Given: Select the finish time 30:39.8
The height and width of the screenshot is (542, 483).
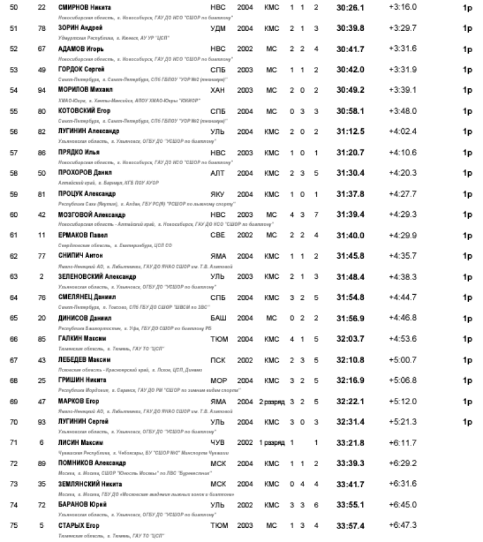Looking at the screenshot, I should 350,28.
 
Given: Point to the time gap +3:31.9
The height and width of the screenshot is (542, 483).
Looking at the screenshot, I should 402,69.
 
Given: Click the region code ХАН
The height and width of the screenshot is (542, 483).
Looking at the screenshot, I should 218,89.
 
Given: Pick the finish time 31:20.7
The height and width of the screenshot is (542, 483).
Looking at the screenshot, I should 350,152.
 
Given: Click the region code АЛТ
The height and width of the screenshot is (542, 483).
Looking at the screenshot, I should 218,173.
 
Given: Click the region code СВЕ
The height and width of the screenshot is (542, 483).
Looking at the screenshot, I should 218,235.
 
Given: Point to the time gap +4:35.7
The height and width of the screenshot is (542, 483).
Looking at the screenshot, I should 402,256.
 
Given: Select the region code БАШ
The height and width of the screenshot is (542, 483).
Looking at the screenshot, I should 218,317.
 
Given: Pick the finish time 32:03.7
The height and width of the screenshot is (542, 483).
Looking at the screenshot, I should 350,338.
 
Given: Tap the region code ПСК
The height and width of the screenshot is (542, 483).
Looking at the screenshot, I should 218,359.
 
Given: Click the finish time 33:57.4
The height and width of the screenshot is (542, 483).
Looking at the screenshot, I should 350,525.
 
